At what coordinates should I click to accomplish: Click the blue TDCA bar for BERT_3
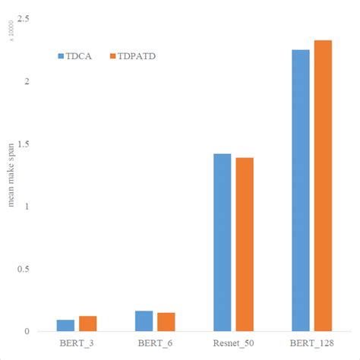65,326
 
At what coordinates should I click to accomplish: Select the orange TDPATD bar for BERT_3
88,324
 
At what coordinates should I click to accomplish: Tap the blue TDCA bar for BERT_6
144,321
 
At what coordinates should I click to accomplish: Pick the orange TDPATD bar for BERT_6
166,322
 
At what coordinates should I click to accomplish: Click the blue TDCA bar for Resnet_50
223,243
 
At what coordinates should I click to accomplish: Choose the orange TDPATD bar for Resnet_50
245,245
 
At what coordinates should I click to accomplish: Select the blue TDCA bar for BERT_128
301,191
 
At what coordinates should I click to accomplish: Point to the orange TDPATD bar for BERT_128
324,186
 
